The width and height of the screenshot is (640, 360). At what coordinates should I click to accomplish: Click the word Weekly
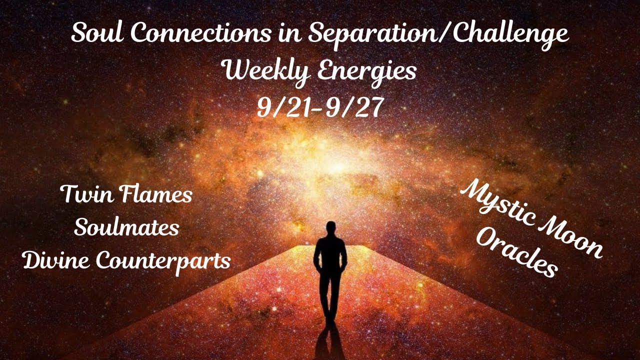tap(261, 71)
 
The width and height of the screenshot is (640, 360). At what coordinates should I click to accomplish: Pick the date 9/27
tap(355, 108)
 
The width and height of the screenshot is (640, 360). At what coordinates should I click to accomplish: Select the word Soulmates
tap(126, 227)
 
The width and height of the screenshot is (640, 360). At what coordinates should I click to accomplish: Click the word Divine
tap(54, 261)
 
